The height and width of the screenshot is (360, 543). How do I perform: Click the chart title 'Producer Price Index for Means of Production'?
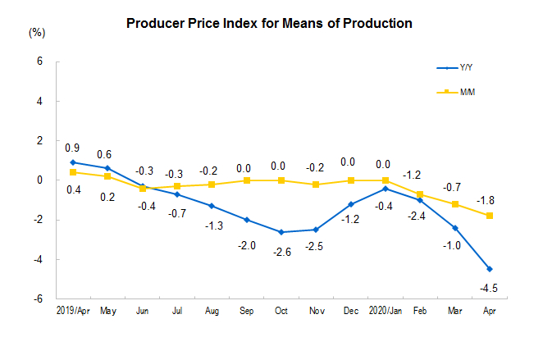pos(269,24)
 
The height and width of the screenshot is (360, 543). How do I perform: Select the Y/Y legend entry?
pos(454,67)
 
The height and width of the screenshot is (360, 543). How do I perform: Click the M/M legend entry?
pos(456,92)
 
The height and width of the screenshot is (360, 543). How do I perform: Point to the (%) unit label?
pos(37,33)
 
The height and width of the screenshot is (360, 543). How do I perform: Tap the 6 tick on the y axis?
pos(40,62)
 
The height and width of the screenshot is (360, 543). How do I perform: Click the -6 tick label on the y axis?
pos(38,298)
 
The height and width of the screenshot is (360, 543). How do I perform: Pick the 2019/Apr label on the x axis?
pos(73,311)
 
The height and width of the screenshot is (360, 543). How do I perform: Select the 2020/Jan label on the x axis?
pos(386,311)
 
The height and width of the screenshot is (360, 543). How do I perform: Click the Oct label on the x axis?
pos(281,311)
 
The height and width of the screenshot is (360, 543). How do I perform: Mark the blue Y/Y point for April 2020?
pos(490,269)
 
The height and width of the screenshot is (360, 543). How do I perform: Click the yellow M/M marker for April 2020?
pos(490,216)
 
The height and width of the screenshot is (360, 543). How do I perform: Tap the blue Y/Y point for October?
pos(281,232)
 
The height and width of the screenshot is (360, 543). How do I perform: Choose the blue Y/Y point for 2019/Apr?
pos(73,162)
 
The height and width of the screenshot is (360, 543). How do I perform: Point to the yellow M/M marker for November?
pos(316,185)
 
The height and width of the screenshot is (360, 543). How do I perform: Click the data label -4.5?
pos(489,288)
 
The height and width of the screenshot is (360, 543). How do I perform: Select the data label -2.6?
pos(282,252)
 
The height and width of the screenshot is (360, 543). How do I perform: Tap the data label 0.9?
pos(72,148)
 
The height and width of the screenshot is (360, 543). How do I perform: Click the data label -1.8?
pos(486,200)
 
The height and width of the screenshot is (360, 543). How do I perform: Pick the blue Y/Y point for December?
pos(351,204)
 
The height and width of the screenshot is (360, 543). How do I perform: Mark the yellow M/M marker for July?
pos(177,186)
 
